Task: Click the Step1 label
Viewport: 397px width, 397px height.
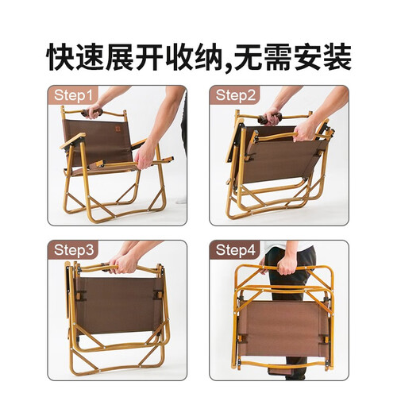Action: point(73,95)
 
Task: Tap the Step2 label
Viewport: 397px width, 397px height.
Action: point(236,95)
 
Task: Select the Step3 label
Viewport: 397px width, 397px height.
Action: point(74,250)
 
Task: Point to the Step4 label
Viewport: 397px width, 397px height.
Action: point(236,250)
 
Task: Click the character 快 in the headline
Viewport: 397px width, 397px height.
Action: point(60,57)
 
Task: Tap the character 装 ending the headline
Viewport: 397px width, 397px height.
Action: point(337,57)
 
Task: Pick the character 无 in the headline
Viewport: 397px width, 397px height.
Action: point(248,57)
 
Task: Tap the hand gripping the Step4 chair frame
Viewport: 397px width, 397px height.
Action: point(286,264)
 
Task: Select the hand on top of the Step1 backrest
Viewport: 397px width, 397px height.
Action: point(94,110)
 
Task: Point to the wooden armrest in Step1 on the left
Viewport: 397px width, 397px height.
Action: point(72,141)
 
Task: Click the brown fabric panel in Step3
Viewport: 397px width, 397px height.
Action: point(118,305)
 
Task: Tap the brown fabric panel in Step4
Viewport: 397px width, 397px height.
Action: point(283,331)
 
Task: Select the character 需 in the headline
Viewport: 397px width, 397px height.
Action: point(277,57)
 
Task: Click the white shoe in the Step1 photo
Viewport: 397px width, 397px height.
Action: point(182,199)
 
